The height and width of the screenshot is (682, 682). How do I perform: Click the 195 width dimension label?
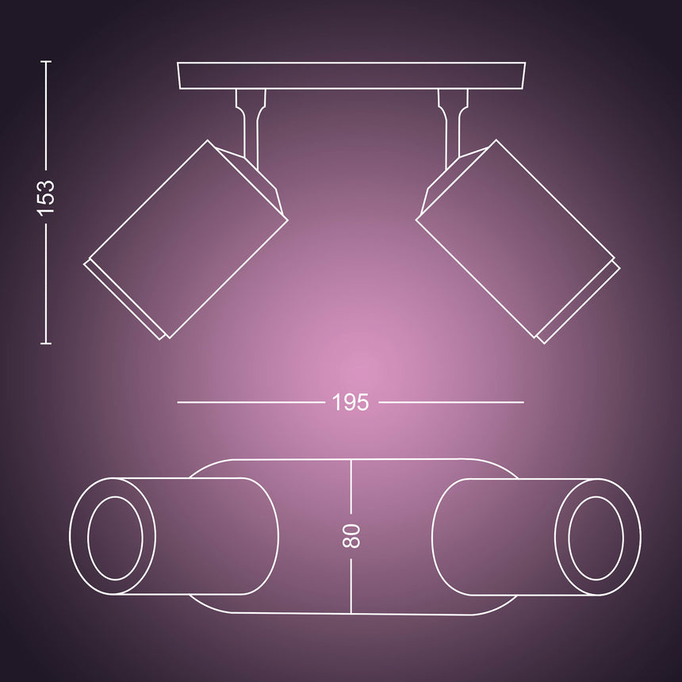(x=351, y=402)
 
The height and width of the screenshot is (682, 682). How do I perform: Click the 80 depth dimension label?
(x=351, y=536)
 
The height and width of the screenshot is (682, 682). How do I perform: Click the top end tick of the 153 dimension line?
(x=45, y=61)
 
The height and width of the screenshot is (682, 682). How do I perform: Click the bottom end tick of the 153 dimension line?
(x=45, y=343)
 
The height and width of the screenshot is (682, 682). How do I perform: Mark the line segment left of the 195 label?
(x=250, y=402)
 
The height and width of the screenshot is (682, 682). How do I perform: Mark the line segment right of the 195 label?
(x=450, y=402)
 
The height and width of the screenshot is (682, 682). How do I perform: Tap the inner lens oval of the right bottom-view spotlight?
(x=597, y=537)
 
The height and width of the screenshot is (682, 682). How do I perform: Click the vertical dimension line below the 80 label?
(x=351, y=583)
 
